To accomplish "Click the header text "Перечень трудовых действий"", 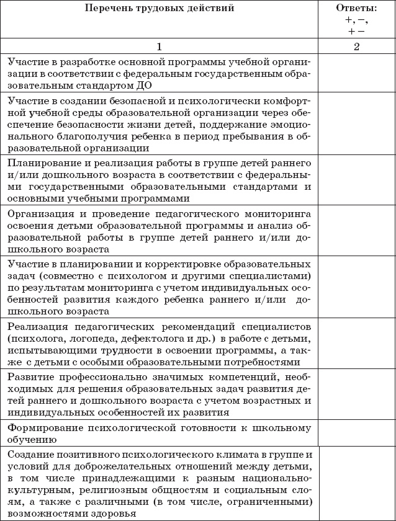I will click(x=159, y=9).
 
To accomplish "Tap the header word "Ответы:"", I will click(x=356, y=8).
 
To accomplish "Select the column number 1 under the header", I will click(x=159, y=47).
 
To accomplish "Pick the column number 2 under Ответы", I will click(x=356, y=47).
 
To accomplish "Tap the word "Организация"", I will click(x=38, y=213).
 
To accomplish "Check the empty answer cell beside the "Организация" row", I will click(x=356, y=231).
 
